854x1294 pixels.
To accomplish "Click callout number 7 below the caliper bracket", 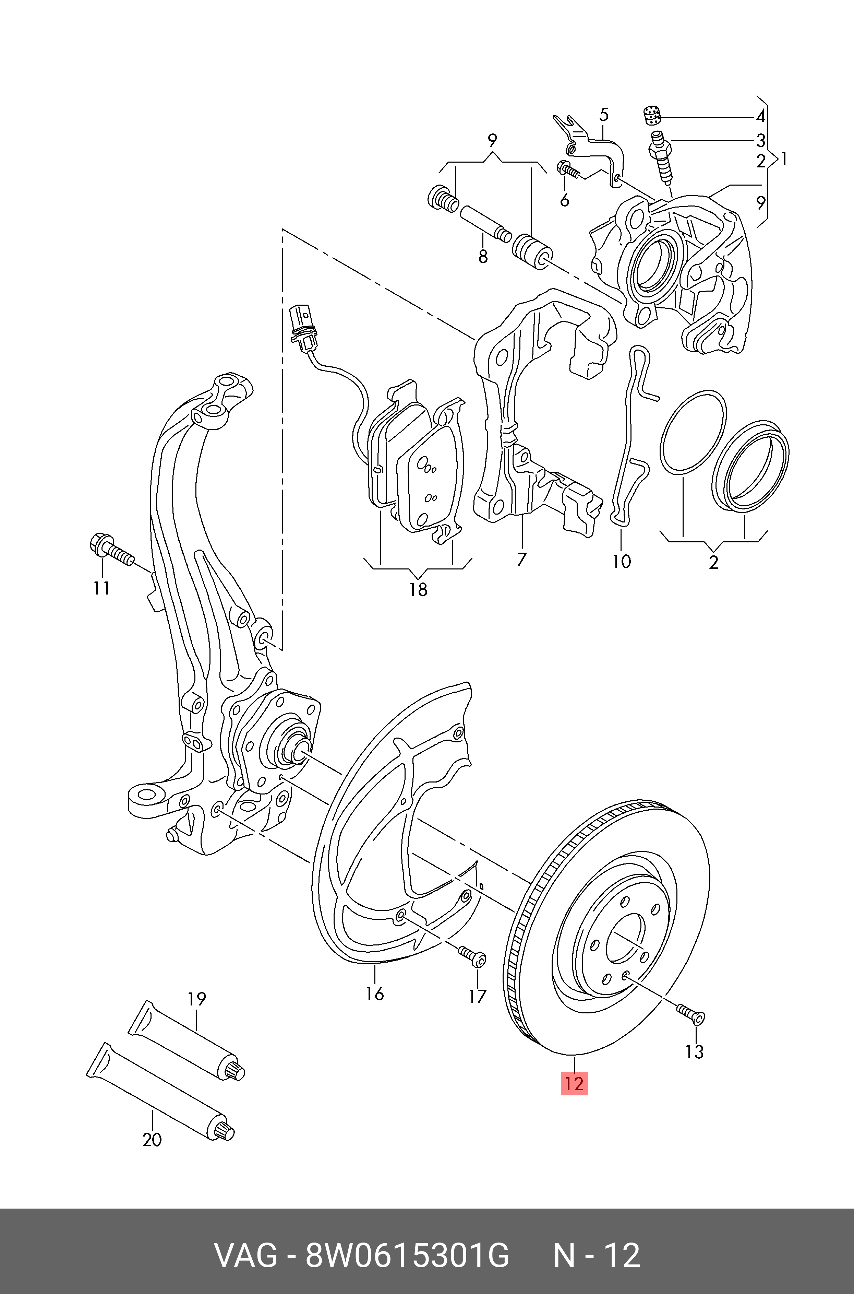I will [522, 559].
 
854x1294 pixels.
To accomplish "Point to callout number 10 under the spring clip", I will [622, 561].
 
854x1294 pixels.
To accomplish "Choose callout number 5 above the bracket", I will [603, 115].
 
